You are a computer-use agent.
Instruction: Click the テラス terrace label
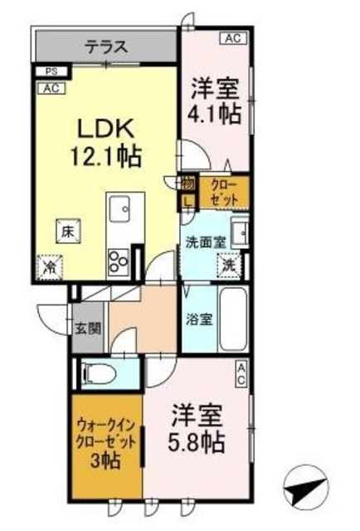click(105, 47)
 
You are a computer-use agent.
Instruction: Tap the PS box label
click(51, 72)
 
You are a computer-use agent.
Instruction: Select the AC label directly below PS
click(51, 87)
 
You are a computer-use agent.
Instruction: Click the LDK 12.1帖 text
click(107, 141)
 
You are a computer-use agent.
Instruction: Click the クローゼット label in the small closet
click(223, 192)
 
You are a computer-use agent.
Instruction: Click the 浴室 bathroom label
click(197, 318)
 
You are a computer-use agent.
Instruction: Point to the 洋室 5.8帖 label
click(198, 427)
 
